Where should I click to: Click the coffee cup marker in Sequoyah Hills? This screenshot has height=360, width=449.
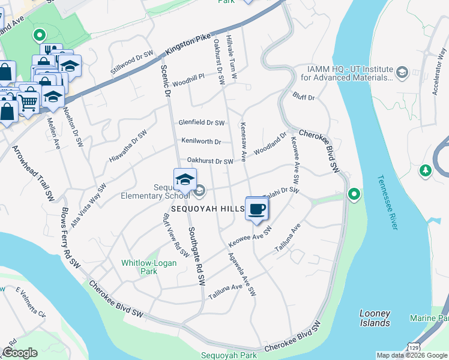[257, 209]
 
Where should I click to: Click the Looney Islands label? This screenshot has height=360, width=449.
[375, 318]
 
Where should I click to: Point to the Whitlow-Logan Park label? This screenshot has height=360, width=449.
[139, 267]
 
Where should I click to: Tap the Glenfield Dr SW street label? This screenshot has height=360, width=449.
[201, 123]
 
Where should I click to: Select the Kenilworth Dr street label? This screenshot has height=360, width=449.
[201, 142]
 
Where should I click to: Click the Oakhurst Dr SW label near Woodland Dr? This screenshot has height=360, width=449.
[209, 161]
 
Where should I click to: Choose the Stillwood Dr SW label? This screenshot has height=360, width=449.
[133, 63]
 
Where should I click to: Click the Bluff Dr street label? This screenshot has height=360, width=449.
[304, 96]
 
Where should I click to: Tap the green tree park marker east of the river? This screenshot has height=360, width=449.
[426, 171]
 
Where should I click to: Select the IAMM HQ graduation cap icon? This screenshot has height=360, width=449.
[402, 73]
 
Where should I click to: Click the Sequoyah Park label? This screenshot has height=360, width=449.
[229, 355]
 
